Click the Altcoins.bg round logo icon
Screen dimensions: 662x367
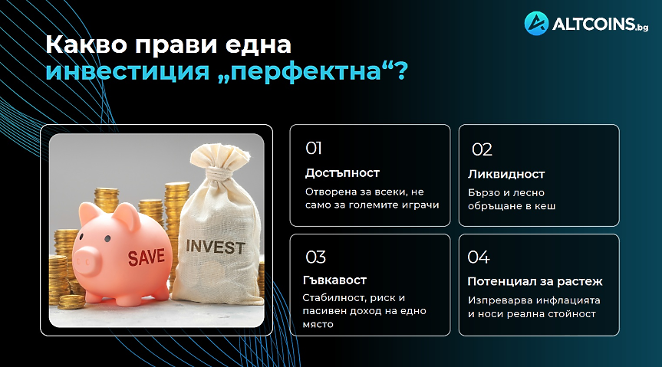(x=536, y=23)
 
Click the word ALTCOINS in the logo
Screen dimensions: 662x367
(x=594, y=24)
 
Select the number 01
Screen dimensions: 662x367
(x=314, y=148)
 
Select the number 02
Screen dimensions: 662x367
(x=482, y=149)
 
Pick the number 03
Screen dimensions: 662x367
(x=316, y=257)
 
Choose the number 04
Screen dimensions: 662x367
(x=479, y=257)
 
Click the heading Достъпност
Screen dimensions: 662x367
(x=342, y=173)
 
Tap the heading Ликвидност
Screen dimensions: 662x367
(x=506, y=174)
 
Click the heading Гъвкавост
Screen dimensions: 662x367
(x=334, y=280)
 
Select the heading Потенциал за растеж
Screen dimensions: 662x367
(x=535, y=281)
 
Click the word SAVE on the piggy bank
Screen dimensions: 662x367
(x=147, y=257)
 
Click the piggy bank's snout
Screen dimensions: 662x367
(x=87, y=261)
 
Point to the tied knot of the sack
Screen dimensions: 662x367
(x=224, y=172)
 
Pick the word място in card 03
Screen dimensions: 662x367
(x=318, y=325)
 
